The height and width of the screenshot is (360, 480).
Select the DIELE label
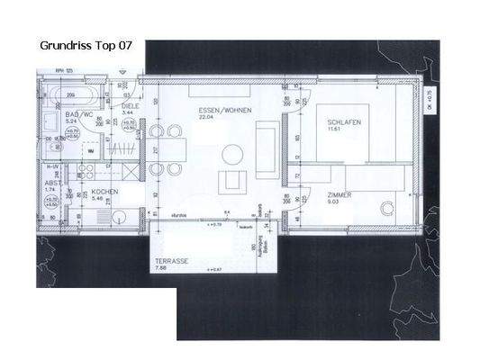tap(125, 104)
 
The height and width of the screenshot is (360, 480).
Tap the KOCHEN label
tap(103, 193)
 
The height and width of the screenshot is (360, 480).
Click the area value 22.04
tap(211, 117)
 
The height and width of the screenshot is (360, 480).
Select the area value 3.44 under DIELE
tap(125, 112)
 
